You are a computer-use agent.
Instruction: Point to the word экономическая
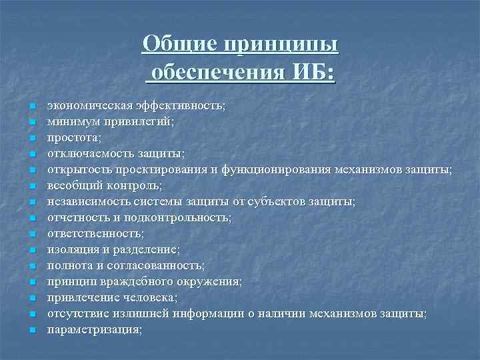[84, 106]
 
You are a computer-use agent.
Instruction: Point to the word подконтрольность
[185, 218]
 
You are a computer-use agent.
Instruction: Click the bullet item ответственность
[95, 234]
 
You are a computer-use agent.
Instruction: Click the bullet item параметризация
[94, 330]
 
